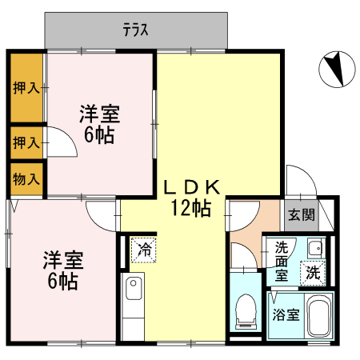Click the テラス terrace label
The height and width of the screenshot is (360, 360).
point(137,30)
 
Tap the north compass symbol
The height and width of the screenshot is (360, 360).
point(334,69)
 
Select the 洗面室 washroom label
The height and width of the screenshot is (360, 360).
point(282,261)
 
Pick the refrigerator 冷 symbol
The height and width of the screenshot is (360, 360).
point(144,250)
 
